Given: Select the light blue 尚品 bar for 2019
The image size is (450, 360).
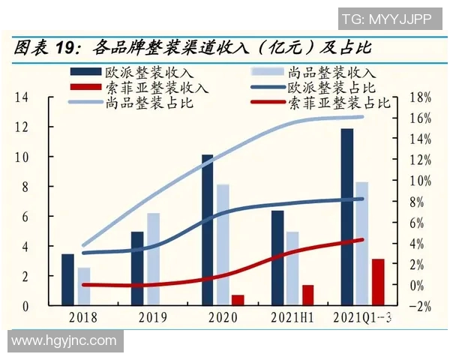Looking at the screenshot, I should [153, 259].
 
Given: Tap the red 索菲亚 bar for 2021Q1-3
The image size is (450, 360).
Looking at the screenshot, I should [378, 282].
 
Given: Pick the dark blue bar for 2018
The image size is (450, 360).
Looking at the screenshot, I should [67, 280].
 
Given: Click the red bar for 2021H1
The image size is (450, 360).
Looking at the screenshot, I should [307, 295].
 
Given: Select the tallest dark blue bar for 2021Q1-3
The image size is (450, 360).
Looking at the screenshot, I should [346, 217].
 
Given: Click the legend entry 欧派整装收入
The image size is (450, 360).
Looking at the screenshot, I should [135, 73].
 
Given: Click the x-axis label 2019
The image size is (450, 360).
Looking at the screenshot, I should [152, 317].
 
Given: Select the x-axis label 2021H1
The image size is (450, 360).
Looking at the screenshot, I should [292, 317].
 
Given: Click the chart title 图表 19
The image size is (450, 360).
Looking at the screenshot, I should [45, 49].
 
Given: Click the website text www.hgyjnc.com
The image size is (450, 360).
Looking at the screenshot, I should [64, 341].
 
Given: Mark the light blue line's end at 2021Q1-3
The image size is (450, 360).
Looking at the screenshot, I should [362, 116].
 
